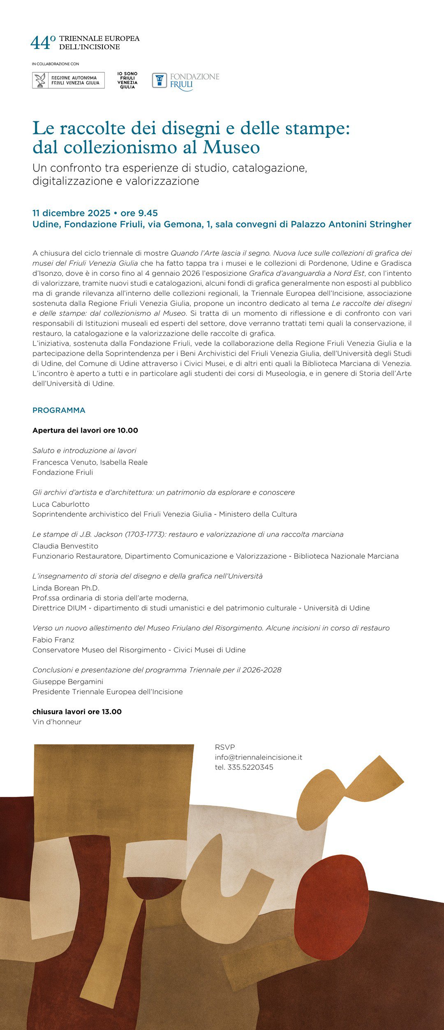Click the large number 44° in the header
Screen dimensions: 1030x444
(x=43, y=42)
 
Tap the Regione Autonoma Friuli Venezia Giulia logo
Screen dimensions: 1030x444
(x=68, y=80)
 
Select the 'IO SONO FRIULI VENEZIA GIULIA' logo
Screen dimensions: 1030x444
(x=127, y=80)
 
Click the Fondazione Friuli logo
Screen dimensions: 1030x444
(x=186, y=81)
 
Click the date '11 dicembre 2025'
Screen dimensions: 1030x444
(x=72, y=213)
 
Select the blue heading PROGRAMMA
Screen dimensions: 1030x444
(x=59, y=410)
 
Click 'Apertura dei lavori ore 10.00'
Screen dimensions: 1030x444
(x=85, y=431)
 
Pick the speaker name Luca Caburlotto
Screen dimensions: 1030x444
(x=61, y=504)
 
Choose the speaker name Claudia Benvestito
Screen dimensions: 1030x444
(x=65, y=546)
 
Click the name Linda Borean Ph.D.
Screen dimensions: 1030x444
(x=66, y=588)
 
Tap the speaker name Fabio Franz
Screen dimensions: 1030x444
(x=53, y=640)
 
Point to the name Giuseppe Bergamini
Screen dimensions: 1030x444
(x=68, y=682)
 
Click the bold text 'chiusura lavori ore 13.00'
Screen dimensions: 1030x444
(x=77, y=712)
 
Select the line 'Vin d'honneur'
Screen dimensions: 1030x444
(x=57, y=722)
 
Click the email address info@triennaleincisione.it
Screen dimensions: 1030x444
(x=258, y=757)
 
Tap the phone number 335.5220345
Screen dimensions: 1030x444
(x=250, y=767)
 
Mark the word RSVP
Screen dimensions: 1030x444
(x=225, y=747)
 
